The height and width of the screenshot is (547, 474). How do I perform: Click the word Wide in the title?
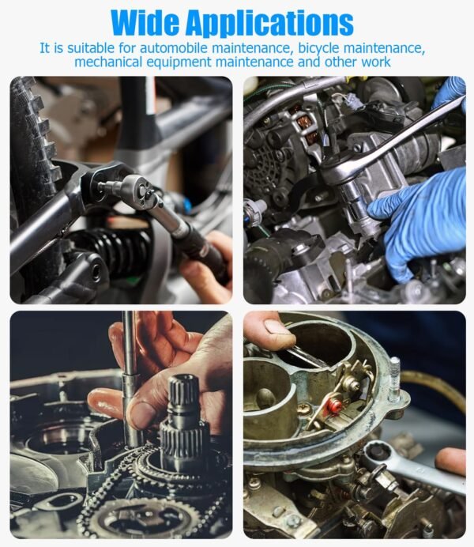pos(145,23)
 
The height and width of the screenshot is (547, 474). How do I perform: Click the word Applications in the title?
pos(269,24)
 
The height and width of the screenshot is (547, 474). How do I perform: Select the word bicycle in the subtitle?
pos(319,49)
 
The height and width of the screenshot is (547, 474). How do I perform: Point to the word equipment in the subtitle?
pos(179,62)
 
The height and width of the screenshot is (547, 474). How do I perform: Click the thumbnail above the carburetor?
pos(277,328)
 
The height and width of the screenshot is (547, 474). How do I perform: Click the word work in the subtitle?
pos(376,62)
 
